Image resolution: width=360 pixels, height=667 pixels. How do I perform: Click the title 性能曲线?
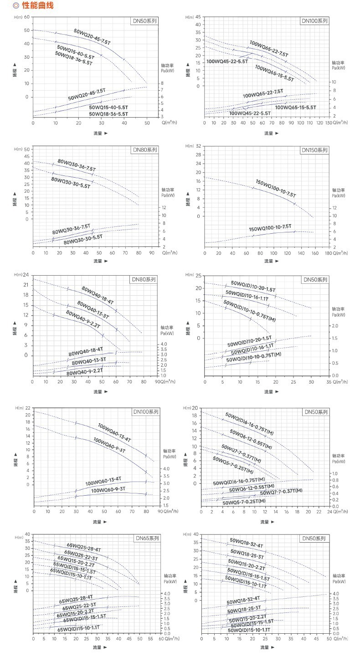pos(37,5)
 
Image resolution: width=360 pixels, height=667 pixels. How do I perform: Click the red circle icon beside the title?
pos(16,5)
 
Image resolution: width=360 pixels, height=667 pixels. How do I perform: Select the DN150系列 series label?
pos(314,150)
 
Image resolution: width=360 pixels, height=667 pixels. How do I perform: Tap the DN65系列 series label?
pos(147,538)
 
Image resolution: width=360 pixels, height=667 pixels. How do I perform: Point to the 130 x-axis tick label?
pos(329,123)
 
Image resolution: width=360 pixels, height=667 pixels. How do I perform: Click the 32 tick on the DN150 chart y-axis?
pos(198,146)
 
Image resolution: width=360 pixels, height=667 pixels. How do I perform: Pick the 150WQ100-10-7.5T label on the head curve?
pos(276,188)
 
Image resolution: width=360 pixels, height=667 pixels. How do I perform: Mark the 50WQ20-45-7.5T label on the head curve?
pos(92,37)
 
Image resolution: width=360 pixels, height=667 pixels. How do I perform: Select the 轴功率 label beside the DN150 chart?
pos(338,190)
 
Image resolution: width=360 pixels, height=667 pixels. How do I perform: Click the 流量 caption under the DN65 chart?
pos(98,647)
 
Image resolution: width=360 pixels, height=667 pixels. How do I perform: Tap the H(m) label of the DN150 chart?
pos(190,146)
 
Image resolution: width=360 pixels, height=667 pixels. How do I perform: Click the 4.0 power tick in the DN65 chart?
pos(167,593)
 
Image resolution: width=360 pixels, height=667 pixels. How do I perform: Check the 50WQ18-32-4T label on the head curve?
pos(247,543)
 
